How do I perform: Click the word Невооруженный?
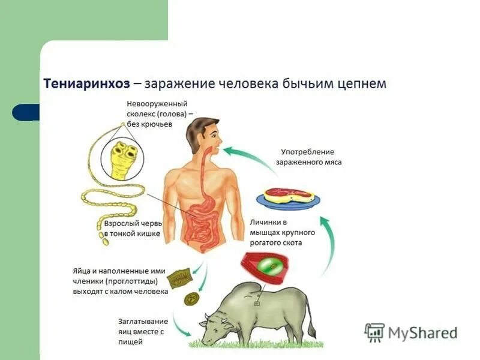pos(158,104)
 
